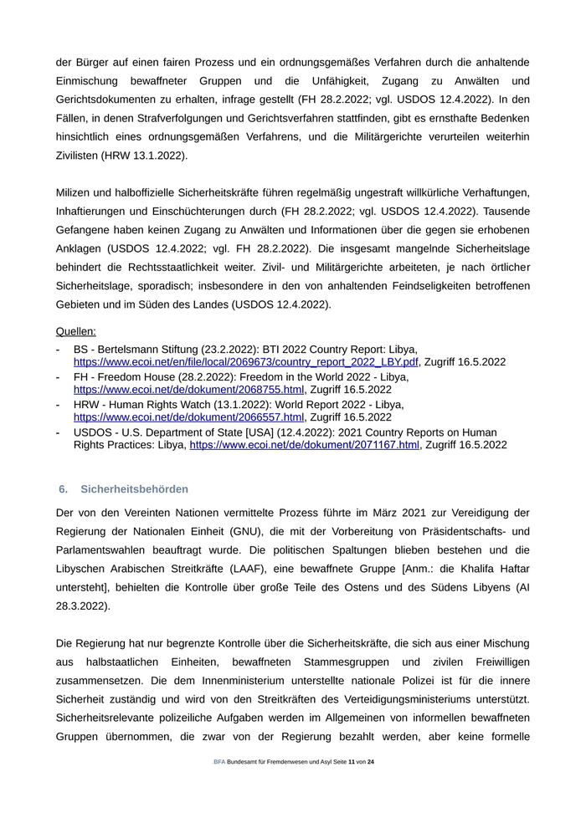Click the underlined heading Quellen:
click(x=76, y=330)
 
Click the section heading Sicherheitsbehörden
click(x=135, y=488)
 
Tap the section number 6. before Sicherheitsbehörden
click(x=63, y=488)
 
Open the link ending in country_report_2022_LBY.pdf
click(x=246, y=362)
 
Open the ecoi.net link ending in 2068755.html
click(x=188, y=389)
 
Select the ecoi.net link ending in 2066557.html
click(x=188, y=417)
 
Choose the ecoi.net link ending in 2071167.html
click(x=304, y=445)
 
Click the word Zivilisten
click(x=81, y=156)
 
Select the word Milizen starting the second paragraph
click(x=75, y=193)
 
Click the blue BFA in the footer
click(x=219, y=762)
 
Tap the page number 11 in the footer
click(x=352, y=762)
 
